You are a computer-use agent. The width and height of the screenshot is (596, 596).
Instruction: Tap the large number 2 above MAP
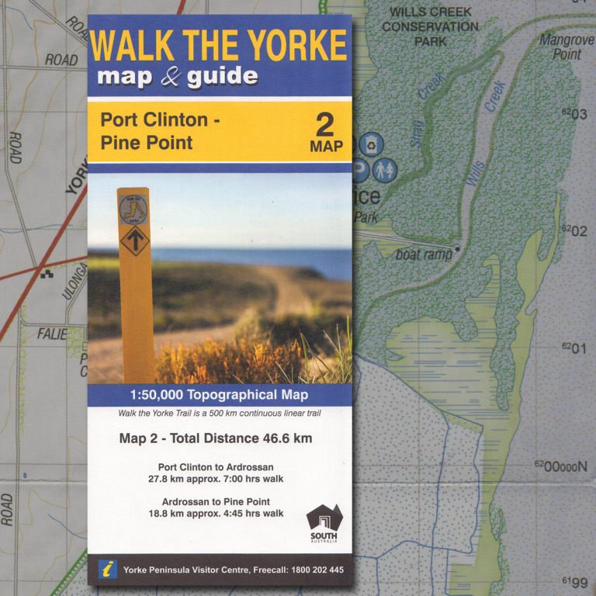tap(325, 124)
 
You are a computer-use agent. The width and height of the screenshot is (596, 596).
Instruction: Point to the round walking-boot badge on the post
tap(133, 207)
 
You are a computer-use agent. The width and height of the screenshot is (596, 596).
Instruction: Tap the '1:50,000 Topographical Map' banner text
tap(220, 395)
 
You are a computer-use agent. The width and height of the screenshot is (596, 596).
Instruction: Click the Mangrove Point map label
tap(566, 47)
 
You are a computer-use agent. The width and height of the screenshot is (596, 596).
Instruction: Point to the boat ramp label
tap(424, 255)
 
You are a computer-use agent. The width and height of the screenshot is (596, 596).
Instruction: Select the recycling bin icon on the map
tap(374, 144)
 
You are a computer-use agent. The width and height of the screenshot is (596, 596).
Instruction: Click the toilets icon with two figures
tap(383, 168)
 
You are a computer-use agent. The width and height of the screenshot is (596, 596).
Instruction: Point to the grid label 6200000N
tap(560, 466)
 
